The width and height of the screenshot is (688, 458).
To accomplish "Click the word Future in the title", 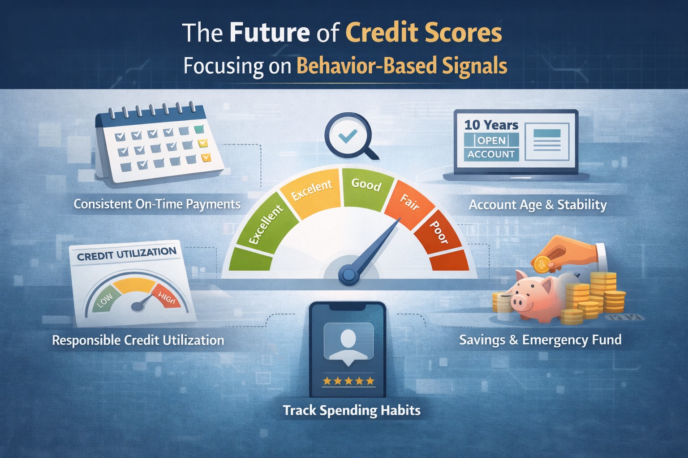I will point(269,33).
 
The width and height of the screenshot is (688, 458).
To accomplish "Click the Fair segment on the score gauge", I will point(410,204).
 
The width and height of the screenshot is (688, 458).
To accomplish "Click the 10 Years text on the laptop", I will point(491,125).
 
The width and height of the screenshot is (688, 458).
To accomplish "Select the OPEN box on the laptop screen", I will point(491,140).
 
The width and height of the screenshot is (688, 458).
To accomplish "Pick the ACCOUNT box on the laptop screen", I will point(491,154).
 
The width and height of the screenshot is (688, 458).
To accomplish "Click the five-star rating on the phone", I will point(348,381).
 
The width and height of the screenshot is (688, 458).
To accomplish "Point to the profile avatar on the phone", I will point(348,341).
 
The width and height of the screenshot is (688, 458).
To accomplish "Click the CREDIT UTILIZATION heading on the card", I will point(127,254).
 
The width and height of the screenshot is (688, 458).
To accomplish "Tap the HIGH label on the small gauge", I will point(166,298).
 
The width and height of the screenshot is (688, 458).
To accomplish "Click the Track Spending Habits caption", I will point(352,410).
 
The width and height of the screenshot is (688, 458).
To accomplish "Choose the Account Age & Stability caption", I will point(537,205).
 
